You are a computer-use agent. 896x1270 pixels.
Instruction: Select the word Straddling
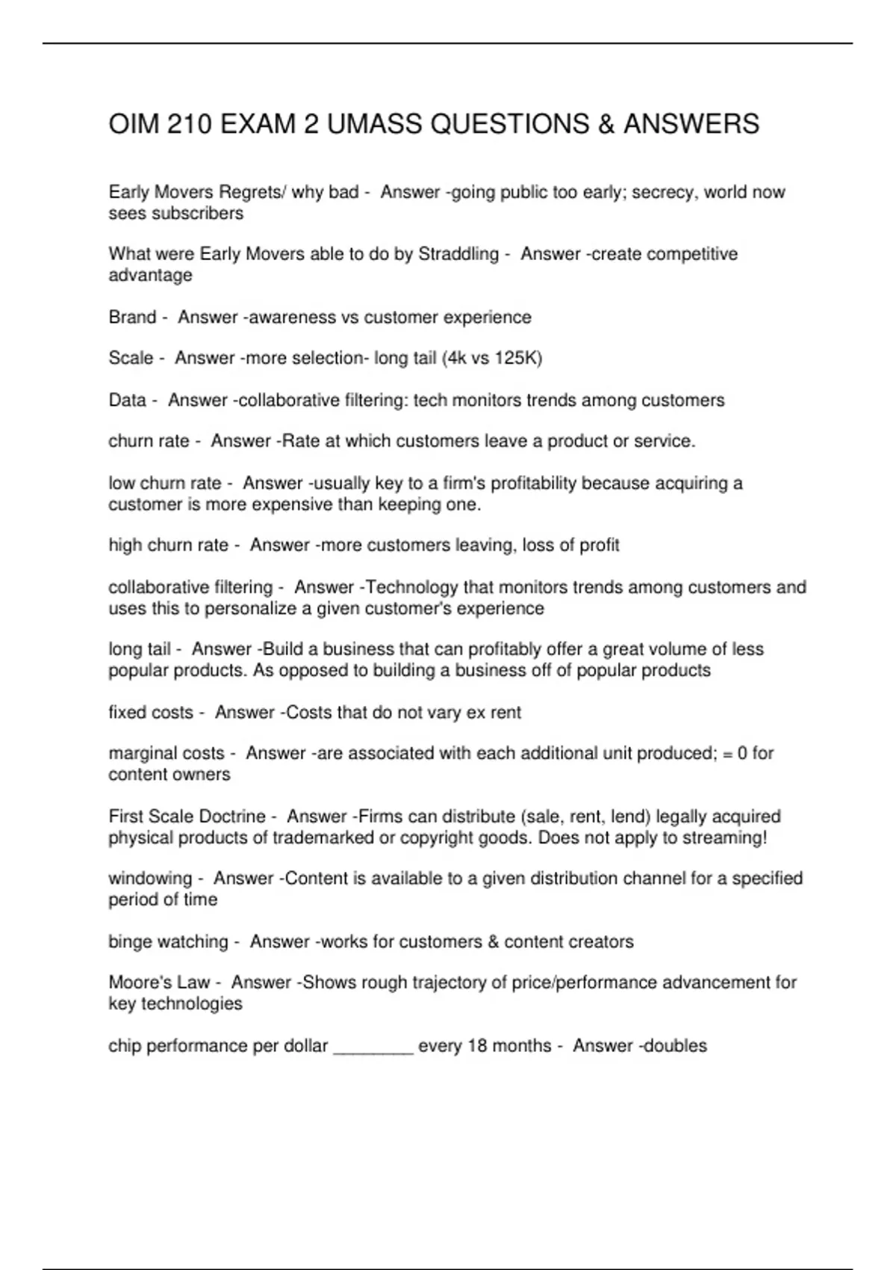pos(458,254)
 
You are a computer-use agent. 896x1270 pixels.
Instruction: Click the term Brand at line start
pos(132,317)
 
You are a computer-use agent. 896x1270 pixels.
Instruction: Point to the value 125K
pos(517,359)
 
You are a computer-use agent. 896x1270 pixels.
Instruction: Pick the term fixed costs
pos(151,713)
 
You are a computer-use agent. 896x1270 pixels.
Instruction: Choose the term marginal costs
pos(166,754)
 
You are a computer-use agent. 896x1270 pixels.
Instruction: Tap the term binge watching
pos(168,942)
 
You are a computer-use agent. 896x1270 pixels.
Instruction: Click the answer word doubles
pos(675,1046)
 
